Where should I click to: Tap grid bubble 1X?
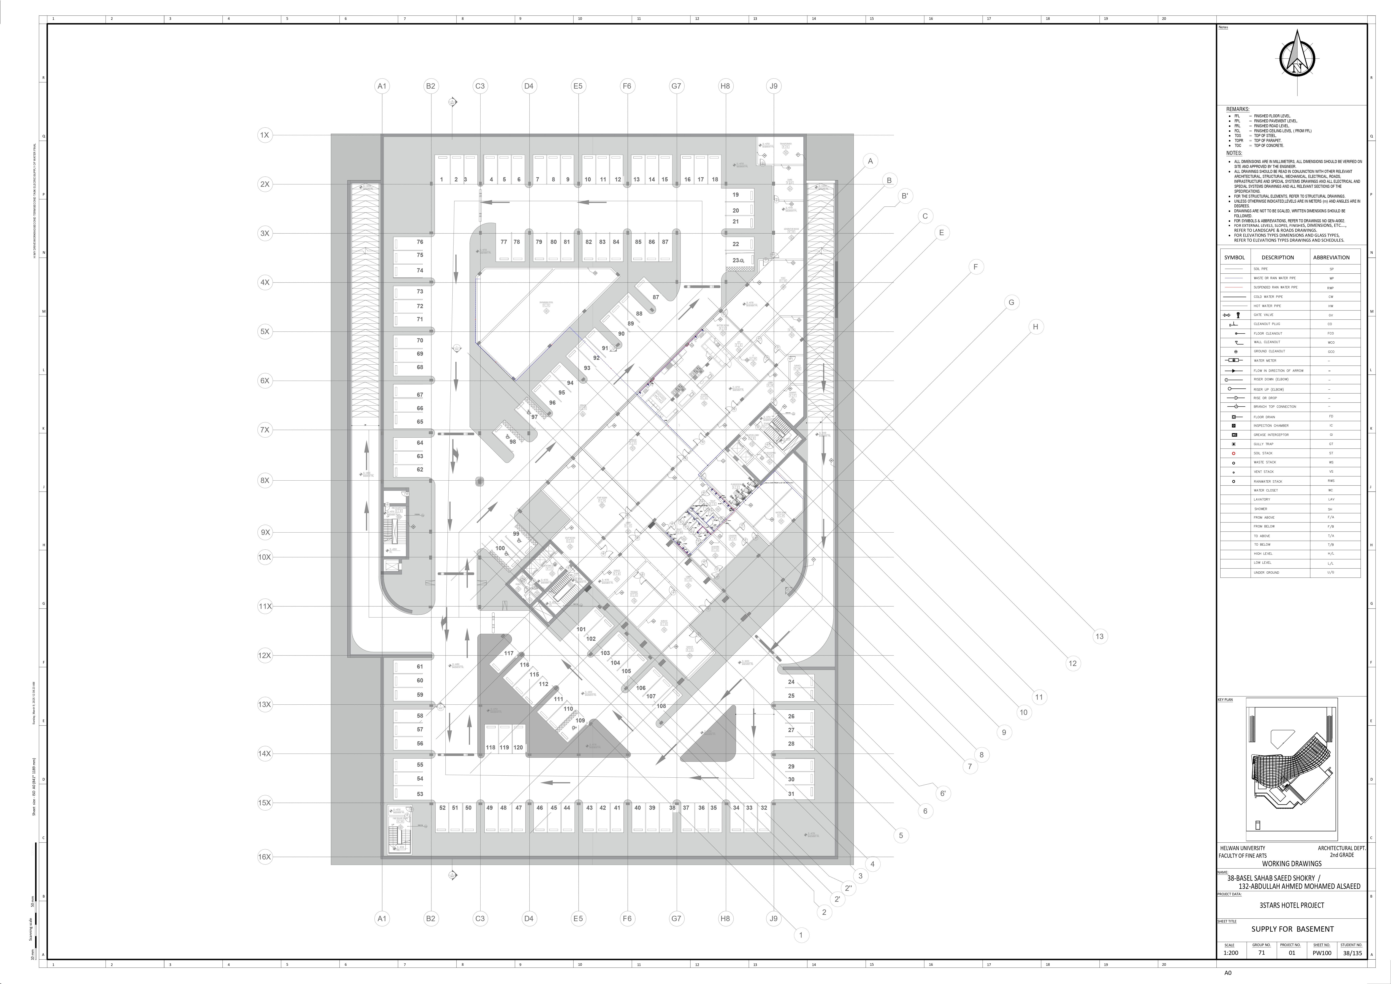click(x=265, y=135)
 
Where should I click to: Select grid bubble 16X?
click(x=265, y=857)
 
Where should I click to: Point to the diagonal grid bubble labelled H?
click(x=1035, y=327)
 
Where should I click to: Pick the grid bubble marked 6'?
click(x=943, y=793)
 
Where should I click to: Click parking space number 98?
click(x=513, y=442)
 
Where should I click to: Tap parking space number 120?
click(x=518, y=748)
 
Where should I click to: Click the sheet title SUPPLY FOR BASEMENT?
click(x=1292, y=929)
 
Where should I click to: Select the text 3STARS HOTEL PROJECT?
click(x=1292, y=905)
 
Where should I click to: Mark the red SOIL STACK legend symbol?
click(x=1233, y=453)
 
